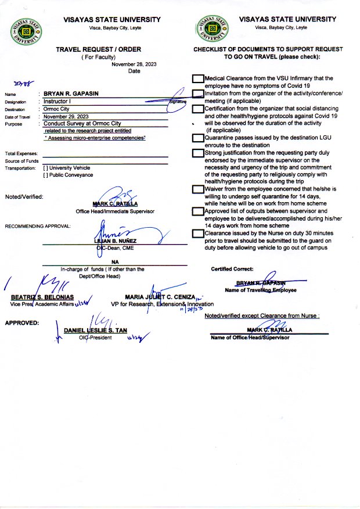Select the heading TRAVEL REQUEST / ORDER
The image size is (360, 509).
click(98, 50)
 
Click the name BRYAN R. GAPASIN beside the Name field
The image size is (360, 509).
click(71, 93)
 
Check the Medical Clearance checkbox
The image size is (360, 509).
click(198, 78)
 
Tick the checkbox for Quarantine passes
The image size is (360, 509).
click(198, 138)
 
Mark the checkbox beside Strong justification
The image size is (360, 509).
click(198, 153)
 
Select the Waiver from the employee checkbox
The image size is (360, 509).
click(198, 189)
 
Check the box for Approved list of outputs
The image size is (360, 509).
click(198, 212)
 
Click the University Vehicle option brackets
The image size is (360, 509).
click(46, 168)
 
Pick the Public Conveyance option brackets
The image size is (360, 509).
click(46, 175)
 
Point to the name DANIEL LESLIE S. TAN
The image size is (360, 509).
click(95, 330)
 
